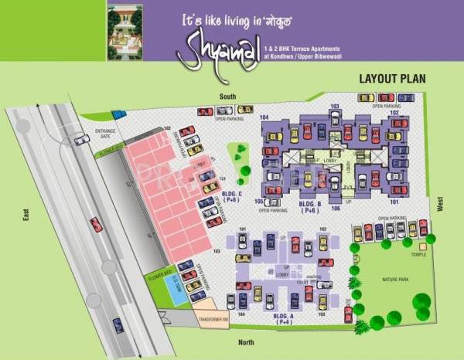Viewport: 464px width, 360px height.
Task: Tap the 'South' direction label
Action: pyautogui.click(x=227, y=97)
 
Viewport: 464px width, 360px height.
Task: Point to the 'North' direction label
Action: pyautogui.click(x=246, y=341)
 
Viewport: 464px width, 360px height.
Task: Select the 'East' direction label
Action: pyautogui.click(x=26, y=217)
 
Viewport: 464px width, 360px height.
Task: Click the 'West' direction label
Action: pyautogui.click(x=440, y=203)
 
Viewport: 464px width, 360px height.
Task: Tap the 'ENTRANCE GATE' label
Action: pyautogui.click(x=104, y=134)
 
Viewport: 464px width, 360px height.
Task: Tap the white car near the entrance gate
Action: pyautogui.click(x=81, y=139)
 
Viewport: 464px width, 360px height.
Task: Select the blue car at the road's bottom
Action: pyautogui.click(x=118, y=325)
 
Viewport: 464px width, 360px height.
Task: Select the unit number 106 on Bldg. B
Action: pyautogui.click(x=336, y=208)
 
